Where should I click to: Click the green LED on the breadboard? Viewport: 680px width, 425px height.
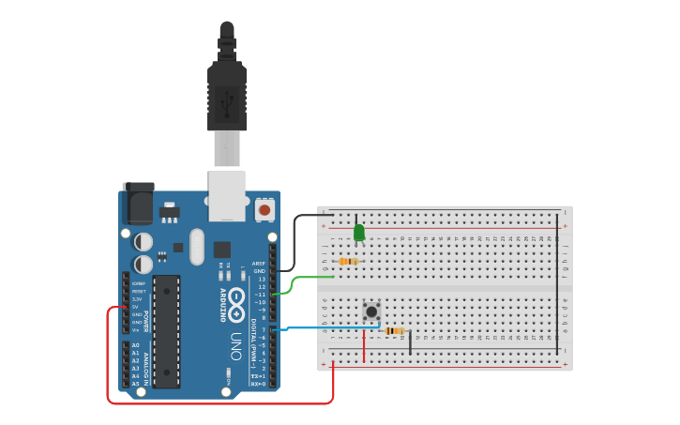pyautogui.click(x=358, y=232)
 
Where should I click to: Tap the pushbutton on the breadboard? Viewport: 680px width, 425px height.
pyautogui.click(x=371, y=311)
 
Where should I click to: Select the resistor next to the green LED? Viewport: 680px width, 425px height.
pyautogui.click(x=348, y=262)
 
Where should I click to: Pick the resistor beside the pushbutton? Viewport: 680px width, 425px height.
pyautogui.click(x=395, y=330)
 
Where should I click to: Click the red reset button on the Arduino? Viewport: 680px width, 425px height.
pyautogui.click(x=264, y=210)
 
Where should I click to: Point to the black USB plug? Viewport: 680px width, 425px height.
pyautogui.click(x=226, y=94)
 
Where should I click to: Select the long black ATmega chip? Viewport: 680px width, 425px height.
pyautogui.click(x=166, y=331)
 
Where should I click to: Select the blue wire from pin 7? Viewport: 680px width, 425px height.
pyautogui.click(x=310, y=327)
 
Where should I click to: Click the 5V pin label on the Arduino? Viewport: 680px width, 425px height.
pyautogui.click(x=136, y=307)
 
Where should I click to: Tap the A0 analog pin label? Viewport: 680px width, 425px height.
pyautogui.click(x=135, y=345)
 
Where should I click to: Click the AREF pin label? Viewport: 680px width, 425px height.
pyautogui.click(x=259, y=264)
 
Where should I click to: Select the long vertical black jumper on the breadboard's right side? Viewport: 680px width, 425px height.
pyautogui.click(x=558, y=281)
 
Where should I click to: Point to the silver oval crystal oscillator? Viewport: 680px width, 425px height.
pyautogui.click(x=196, y=247)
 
